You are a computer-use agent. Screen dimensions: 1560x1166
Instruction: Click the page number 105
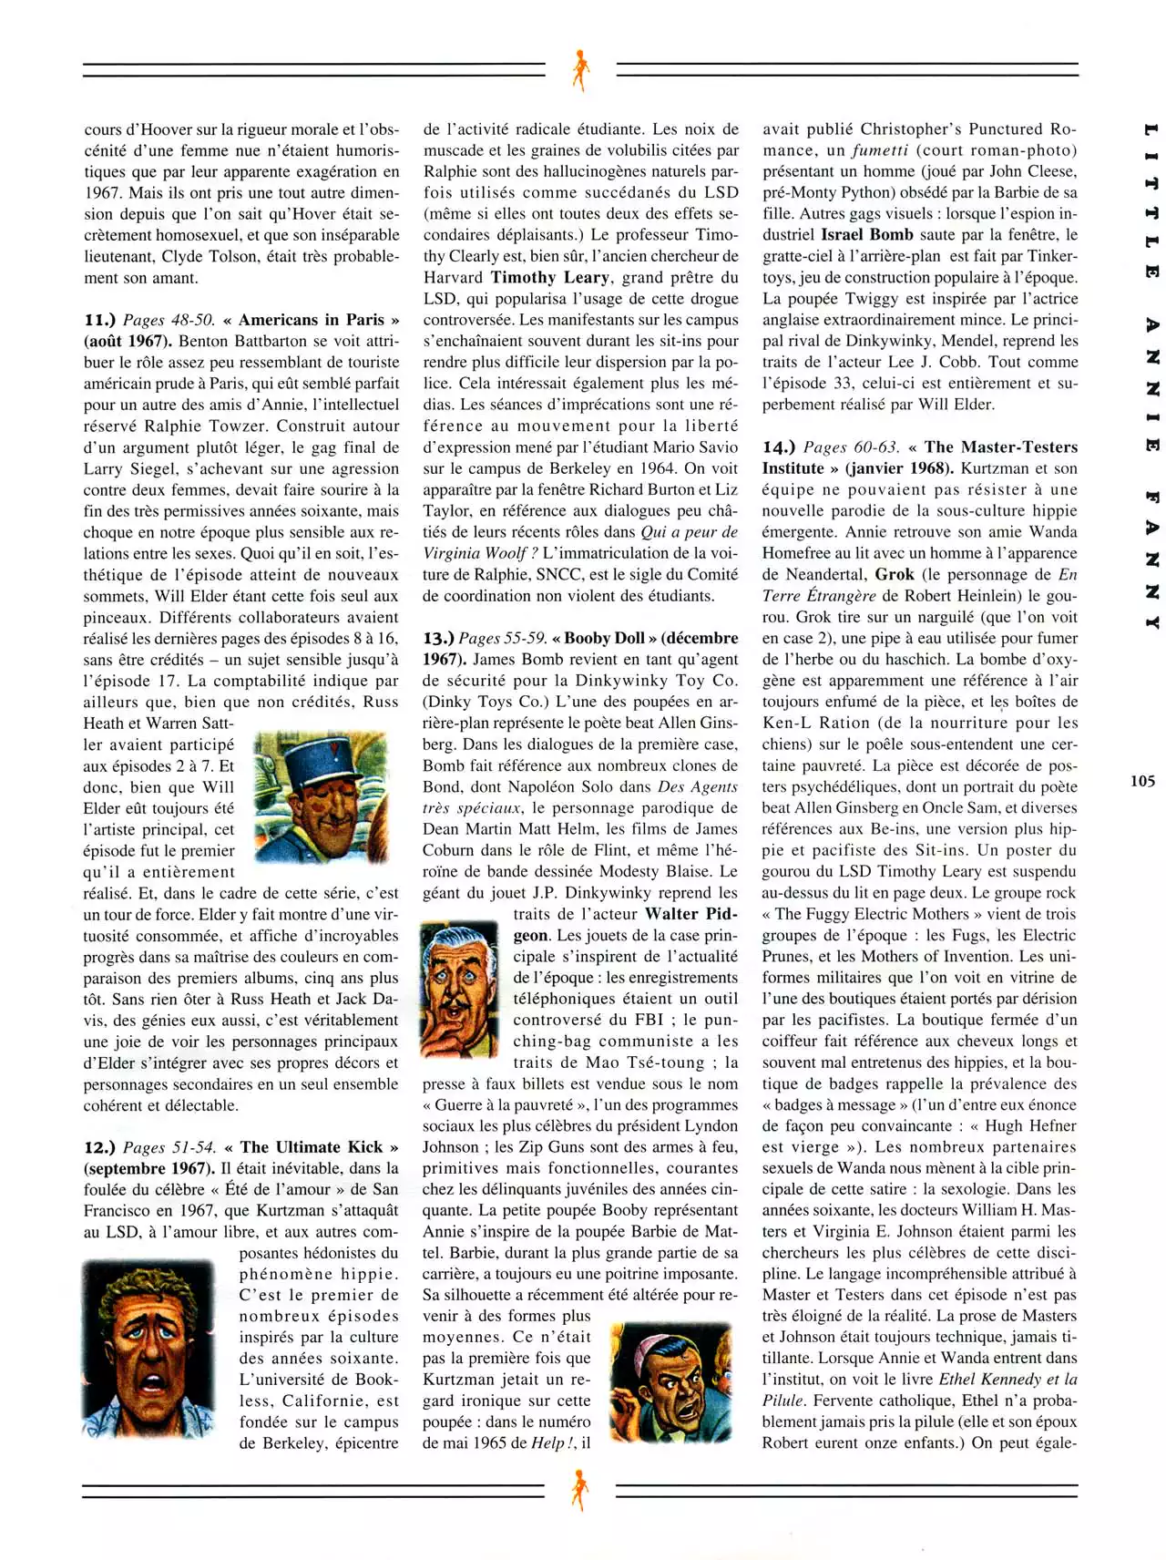[1142, 781]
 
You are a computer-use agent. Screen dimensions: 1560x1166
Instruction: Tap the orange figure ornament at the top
[579, 70]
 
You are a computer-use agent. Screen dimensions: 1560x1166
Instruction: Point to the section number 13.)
[438, 638]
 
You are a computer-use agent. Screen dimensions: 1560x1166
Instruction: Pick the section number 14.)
[779, 446]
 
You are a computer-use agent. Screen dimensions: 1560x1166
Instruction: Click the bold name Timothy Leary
[550, 277]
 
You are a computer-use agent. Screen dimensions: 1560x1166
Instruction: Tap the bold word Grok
[895, 574]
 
